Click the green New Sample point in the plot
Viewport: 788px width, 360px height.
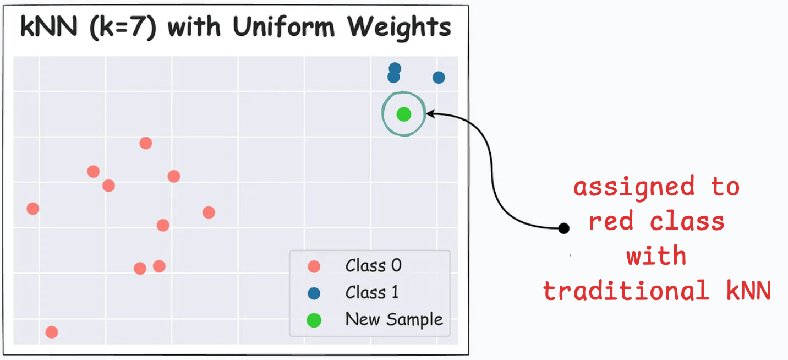click(x=404, y=114)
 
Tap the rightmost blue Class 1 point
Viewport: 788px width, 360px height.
click(x=439, y=78)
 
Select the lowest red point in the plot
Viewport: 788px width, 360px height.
click(x=52, y=332)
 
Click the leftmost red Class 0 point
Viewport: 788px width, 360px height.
click(x=33, y=209)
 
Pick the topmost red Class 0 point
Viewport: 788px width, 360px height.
click(x=145, y=143)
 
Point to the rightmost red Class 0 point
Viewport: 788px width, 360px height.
click(x=209, y=212)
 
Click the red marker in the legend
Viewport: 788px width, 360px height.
click(x=314, y=267)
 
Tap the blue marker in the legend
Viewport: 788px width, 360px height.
click(x=314, y=293)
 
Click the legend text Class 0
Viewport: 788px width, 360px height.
click(x=373, y=266)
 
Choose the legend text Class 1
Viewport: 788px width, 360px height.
click(x=371, y=292)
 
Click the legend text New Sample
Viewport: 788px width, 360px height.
click(x=394, y=319)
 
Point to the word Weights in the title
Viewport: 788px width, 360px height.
click(x=398, y=28)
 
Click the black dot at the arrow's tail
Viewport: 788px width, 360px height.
click(x=563, y=228)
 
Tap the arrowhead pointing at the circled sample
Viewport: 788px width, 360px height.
click(x=430, y=114)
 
